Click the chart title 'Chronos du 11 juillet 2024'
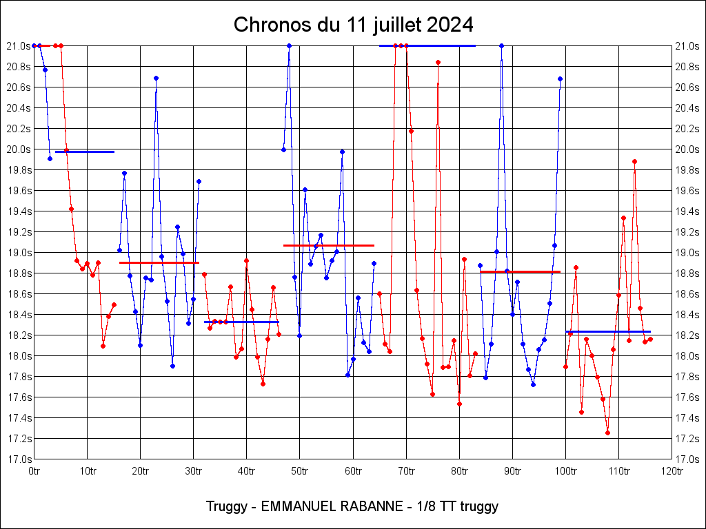pyautogui.click(x=353, y=25)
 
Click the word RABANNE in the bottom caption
pyautogui.click(x=370, y=506)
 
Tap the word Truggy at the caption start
pyautogui.click(x=225, y=506)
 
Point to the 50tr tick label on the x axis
pyautogui.click(x=299, y=471)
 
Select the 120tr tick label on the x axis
pyautogui.click(x=672, y=471)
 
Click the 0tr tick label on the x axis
pyautogui.click(x=34, y=471)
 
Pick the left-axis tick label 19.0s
pyautogui.click(x=19, y=252)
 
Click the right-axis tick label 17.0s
pyautogui.click(x=687, y=459)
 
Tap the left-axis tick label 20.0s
pyautogui.click(x=19, y=149)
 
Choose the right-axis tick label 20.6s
pyautogui.click(x=687, y=87)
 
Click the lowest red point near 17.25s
pyautogui.click(x=607, y=433)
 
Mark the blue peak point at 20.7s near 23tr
pyautogui.click(x=156, y=78)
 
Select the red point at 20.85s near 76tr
pyautogui.click(x=438, y=62)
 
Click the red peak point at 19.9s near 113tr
pyautogui.click(x=634, y=161)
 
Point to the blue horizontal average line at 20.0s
pyautogui.click(x=85, y=152)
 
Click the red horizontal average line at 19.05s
pyautogui.click(x=329, y=245)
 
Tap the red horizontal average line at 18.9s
pyautogui.click(x=159, y=262)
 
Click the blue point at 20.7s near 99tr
pyautogui.click(x=560, y=79)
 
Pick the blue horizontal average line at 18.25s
pyautogui.click(x=608, y=331)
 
